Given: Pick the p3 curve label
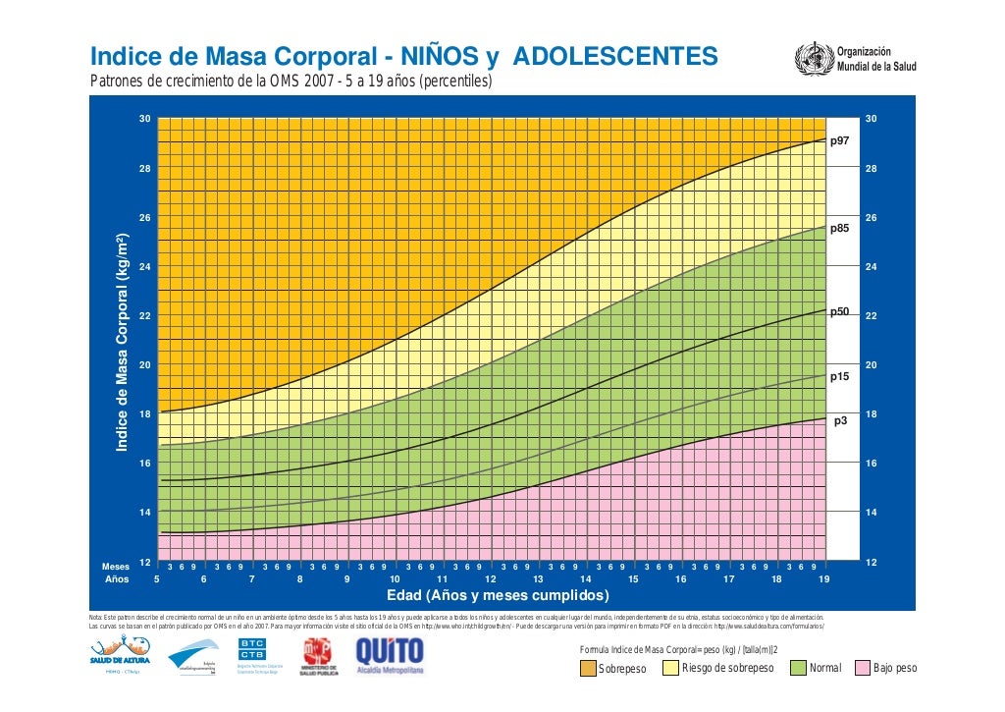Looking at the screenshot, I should pyautogui.click(x=840, y=421).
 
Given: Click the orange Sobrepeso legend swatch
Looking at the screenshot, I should pyautogui.click(x=588, y=669).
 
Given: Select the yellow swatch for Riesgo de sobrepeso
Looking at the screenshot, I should pyautogui.click(x=671, y=669).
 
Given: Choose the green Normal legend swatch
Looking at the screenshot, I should pyautogui.click(x=798, y=669).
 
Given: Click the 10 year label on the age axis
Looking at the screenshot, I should pyautogui.click(x=394, y=579).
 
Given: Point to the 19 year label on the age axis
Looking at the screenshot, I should pyautogui.click(x=823, y=579).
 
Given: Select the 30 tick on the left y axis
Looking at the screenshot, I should pyautogui.click(x=144, y=119).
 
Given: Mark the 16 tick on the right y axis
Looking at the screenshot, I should pyautogui.click(x=870, y=463).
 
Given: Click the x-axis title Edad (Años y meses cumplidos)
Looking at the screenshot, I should pyautogui.click(x=498, y=596).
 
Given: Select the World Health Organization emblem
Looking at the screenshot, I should pyautogui.click(x=814, y=57).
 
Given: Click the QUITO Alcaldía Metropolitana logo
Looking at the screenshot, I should pyautogui.click(x=390, y=657).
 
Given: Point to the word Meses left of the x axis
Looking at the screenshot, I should pyautogui.click(x=116, y=567).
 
